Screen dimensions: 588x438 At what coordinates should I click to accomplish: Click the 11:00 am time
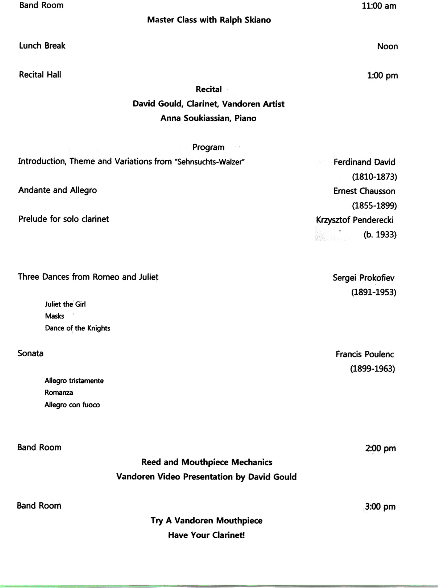[379, 6]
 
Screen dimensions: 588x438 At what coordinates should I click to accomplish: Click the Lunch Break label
[42, 46]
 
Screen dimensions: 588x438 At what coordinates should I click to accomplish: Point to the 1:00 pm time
[382, 76]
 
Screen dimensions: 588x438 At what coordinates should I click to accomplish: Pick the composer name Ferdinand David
[364, 162]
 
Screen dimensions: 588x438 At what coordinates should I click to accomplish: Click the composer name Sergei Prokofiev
[363, 278]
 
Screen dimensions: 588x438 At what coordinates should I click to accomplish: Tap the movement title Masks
[54, 316]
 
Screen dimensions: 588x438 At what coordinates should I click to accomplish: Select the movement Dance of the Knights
[77, 328]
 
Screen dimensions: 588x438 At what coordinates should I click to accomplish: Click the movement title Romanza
[59, 393]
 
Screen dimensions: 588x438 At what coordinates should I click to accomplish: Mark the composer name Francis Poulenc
[365, 354]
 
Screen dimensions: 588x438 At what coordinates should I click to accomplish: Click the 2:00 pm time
[380, 448]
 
